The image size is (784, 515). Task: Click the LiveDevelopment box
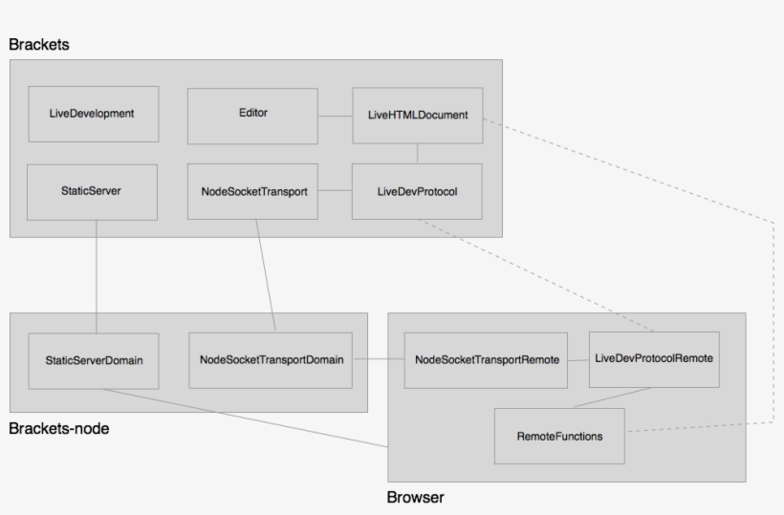93,114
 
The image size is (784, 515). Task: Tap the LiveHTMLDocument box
418,116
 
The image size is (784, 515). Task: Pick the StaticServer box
92,191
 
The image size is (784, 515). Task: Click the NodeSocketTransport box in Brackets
252,191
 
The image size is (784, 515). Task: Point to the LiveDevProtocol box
417,191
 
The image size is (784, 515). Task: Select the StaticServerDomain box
94,360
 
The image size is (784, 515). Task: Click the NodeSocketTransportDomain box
271,360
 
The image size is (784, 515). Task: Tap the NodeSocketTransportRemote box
486,360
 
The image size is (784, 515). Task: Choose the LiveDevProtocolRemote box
654,359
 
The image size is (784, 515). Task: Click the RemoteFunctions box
559,437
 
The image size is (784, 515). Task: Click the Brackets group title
39,45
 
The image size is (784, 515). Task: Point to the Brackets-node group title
58,429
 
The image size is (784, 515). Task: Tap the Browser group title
415,498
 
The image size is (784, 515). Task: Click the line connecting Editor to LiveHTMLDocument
335,116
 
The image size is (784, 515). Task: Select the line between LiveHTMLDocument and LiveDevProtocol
418,154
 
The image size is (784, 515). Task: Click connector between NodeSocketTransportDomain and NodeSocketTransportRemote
378,360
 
